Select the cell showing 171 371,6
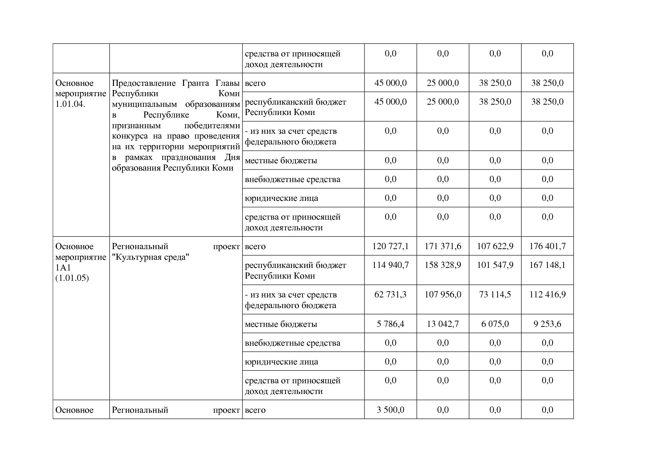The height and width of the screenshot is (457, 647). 443,246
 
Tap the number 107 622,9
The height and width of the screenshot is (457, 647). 495,246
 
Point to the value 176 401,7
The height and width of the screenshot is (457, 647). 547,246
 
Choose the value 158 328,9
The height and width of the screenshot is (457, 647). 443,265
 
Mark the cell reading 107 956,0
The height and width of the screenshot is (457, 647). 443,294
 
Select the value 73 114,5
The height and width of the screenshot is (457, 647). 495,294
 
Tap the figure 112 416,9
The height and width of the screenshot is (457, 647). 547,294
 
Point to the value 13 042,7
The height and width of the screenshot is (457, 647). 443,324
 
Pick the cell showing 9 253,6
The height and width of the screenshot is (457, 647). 547,324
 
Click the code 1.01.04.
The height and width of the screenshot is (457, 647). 70,104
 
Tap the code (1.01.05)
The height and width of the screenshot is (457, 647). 72,278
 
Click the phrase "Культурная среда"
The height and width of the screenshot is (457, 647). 150,257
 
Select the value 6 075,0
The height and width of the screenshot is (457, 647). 495,324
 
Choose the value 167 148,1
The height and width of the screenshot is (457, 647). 547,265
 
